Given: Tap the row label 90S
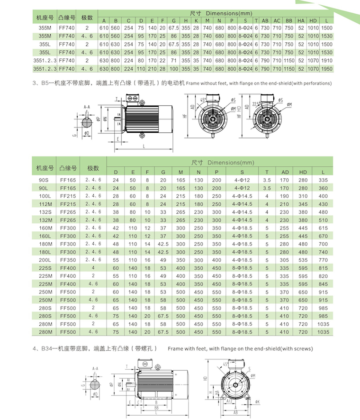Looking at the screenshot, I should coord(45,180).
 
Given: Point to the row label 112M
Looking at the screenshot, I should coord(45,203).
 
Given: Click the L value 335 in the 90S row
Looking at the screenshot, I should coord(323,180).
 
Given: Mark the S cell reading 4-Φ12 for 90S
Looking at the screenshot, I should coord(242,180).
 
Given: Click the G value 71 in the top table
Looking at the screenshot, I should coord(174,61).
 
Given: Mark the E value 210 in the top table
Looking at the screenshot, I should coord(152,69).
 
